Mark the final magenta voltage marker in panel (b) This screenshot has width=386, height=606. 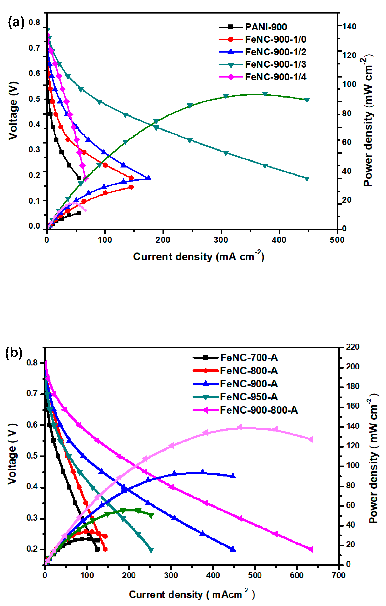(x=311, y=549)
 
